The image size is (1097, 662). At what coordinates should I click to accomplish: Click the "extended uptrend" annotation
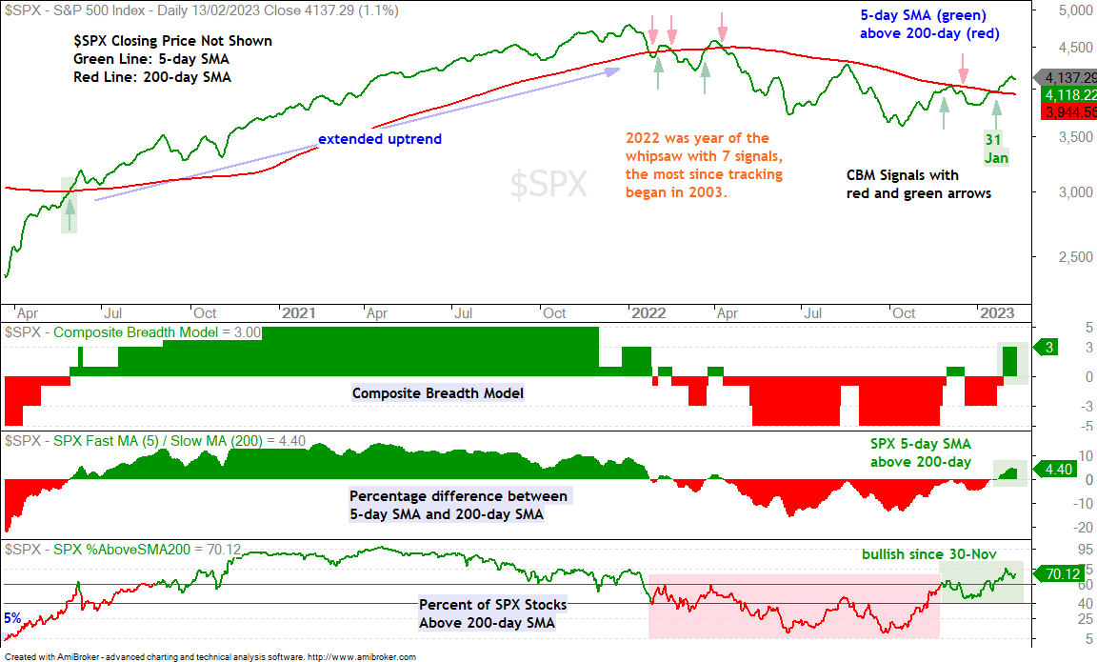pos(380,138)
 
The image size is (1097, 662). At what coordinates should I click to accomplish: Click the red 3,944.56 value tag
pos(1069,112)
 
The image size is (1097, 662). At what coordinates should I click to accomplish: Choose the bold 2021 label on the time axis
pos(299,312)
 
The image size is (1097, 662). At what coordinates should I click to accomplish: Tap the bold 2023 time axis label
pos(997,312)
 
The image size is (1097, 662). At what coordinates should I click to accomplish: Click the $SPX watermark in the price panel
pos(548,185)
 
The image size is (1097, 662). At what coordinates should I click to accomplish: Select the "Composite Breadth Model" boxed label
pos(438,393)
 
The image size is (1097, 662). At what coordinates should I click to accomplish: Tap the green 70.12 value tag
pos(1059,573)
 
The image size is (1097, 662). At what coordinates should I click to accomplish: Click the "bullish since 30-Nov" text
pos(929,554)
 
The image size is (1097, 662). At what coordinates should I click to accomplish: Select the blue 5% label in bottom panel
pos(12,618)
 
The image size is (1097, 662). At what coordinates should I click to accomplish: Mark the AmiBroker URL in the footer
pos(361,657)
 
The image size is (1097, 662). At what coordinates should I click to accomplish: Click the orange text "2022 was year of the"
pos(697,138)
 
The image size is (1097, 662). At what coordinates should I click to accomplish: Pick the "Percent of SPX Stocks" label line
pos(493,605)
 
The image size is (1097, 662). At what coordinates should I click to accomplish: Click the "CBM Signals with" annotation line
pos(903,175)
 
